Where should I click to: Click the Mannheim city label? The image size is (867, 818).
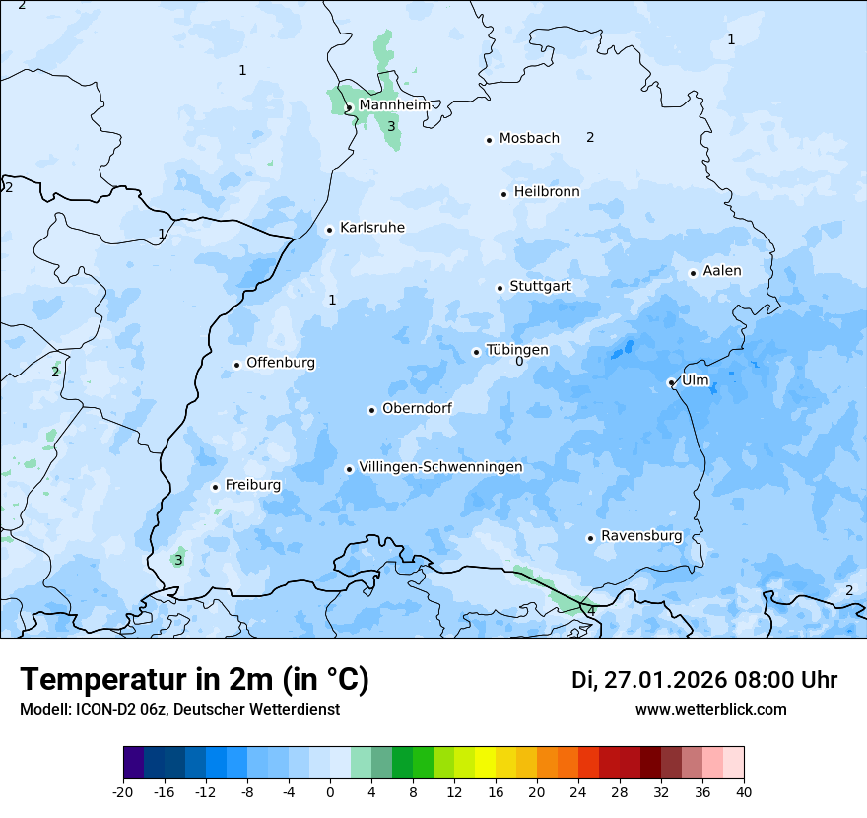pos(394,105)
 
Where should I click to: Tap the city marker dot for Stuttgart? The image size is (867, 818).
pos(500,288)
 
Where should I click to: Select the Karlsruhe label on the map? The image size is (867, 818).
pos(371,228)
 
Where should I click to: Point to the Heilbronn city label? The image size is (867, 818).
pos(547,192)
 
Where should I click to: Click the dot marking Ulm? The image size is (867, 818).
pos(671,382)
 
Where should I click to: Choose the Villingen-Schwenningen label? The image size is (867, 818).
pos(440,467)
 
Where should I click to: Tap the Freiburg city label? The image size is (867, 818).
pos(252,485)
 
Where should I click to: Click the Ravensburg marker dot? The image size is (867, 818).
pos(590,538)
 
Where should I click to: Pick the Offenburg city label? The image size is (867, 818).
pos(281,363)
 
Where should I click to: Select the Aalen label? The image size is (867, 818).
pos(722,271)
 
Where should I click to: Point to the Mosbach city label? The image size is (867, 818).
pos(529,139)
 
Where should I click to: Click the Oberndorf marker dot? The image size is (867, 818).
pos(371,410)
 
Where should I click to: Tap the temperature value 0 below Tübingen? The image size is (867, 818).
pos(519,362)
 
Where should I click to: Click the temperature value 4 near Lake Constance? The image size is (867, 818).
pos(591,611)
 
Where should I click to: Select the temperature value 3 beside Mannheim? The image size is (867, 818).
pos(391,126)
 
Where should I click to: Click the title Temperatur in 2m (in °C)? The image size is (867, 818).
pos(194,680)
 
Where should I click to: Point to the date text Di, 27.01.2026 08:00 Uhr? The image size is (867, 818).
pos(703,680)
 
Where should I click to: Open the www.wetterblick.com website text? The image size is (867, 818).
pos(710,710)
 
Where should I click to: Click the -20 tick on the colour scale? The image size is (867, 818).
pos(123,791)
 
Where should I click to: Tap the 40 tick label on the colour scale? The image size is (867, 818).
pos(744,791)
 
